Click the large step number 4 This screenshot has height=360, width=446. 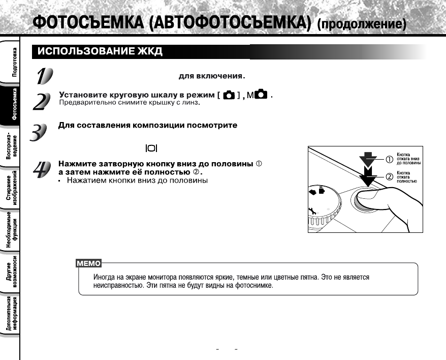(41, 170)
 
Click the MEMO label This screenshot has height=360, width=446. (88, 263)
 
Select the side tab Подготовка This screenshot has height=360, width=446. (14, 60)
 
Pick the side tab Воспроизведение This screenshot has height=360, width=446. (12, 148)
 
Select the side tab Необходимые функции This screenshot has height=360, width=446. (12, 231)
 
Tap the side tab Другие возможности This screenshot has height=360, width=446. (12, 273)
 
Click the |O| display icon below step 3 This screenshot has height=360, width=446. (151, 148)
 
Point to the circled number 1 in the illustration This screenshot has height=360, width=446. (390, 159)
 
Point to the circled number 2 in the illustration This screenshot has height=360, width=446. (390, 176)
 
